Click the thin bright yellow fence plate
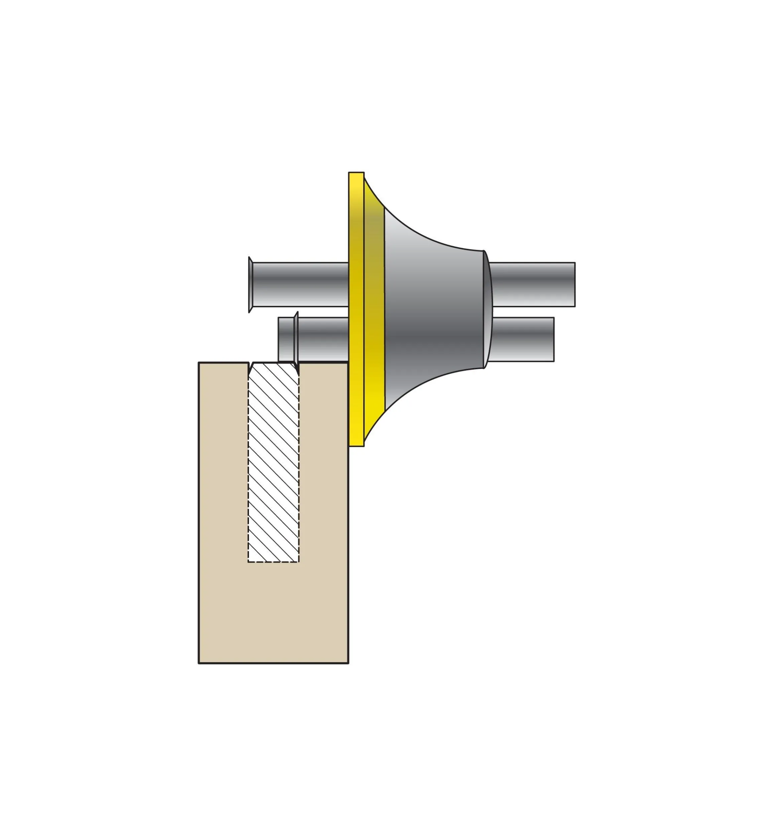pyautogui.click(x=356, y=310)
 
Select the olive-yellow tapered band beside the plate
pyautogui.click(x=374, y=310)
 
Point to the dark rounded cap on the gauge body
pyautogui.click(x=488, y=310)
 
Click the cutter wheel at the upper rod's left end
pyautogui.click(x=250, y=285)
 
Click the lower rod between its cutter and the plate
pyautogui.click(x=322, y=339)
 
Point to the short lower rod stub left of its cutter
pyautogui.click(x=286, y=339)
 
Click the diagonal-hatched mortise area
pyautogui.click(x=273, y=461)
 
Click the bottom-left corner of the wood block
pyautogui.click(x=199, y=663)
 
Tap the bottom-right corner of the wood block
pyautogui.click(x=348, y=663)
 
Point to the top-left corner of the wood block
pyautogui.click(x=199, y=363)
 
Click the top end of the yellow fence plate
pyautogui.click(x=356, y=174)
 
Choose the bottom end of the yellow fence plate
pyautogui.click(x=356, y=445)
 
